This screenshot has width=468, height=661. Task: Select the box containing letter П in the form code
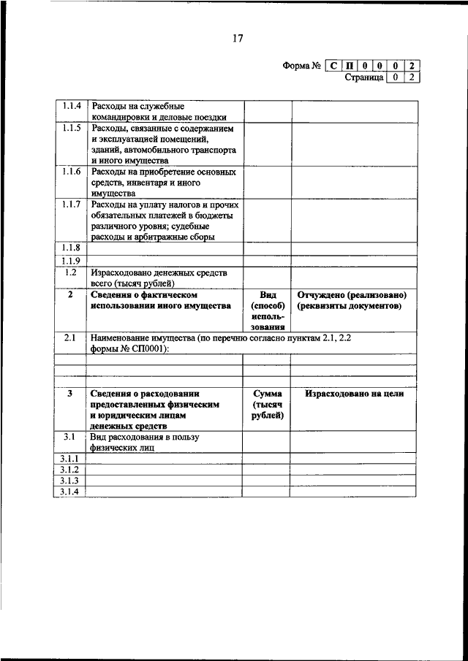pos(350,66)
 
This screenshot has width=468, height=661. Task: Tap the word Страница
pos(364,77)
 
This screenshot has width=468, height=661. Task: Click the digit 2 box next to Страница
pos(413,77)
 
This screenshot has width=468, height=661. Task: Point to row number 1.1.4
pos(71,107)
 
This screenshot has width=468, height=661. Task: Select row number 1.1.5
pos(71,129)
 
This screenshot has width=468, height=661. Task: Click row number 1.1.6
pos(71,172)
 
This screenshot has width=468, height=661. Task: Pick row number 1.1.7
pos(71,205)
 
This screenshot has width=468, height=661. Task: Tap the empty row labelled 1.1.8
pos(71,248)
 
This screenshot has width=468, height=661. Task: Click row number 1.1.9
pos(71,260)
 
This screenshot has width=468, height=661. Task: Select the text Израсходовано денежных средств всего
pos(159,278)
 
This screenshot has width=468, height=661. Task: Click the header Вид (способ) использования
pos(267,311)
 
